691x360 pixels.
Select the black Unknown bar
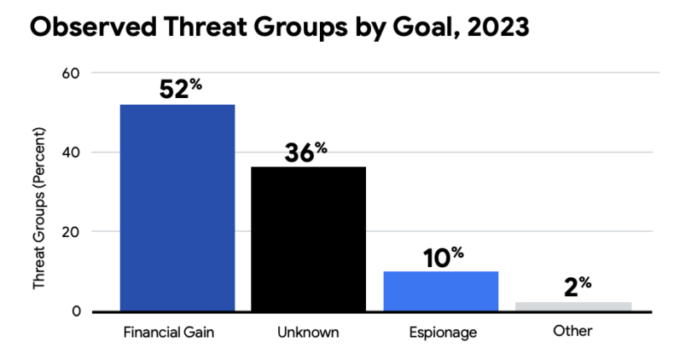tap(308, 239)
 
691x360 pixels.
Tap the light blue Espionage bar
tap(440, 291)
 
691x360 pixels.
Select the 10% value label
tap(441, 257)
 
